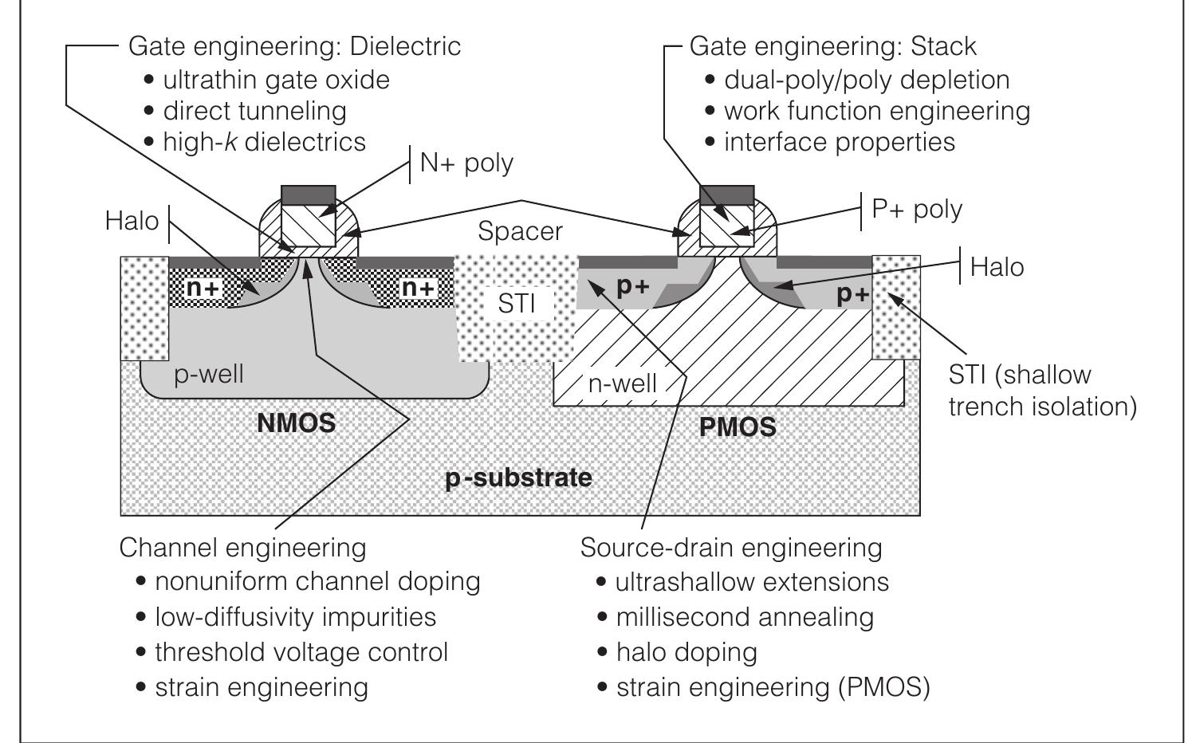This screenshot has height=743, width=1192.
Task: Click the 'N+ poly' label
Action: click(466, 163)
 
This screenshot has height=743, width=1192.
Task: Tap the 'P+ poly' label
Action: click(917, 209)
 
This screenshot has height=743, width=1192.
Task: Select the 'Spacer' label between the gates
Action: click(520, 231)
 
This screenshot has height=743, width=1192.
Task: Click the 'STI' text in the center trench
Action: click(516, 304)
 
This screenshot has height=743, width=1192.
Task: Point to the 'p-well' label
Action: click(209, 373)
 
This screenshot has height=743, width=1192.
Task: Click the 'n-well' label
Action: click(623, 383)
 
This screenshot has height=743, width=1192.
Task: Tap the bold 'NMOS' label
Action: click(296, 423)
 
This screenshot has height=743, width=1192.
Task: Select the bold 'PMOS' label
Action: click(738, 427)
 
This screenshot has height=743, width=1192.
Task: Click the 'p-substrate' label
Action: click(518, 478)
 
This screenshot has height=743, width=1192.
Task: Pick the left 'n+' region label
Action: click(202, 288)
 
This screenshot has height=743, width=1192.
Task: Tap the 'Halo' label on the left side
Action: click(132, 221)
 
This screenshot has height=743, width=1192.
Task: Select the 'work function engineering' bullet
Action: click(876, 111)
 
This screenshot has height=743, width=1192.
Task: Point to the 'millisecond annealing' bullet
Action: click(745, 617)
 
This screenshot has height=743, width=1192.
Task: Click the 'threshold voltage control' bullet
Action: click(301, 652)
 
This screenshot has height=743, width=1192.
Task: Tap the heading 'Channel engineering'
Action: click(242, 548)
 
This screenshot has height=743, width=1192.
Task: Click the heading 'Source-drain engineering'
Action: click(731, 548)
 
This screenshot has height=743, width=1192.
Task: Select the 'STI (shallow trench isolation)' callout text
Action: click(1041, 391)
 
